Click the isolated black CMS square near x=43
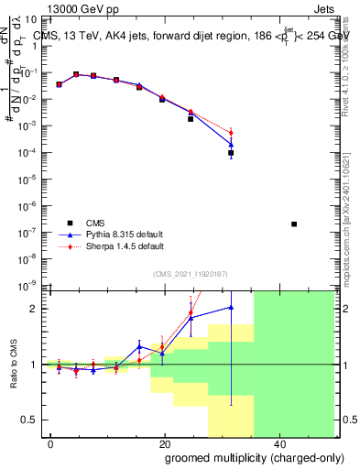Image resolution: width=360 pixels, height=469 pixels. (x=294, y=224)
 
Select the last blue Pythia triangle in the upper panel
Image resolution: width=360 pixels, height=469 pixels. (x=231, y=144)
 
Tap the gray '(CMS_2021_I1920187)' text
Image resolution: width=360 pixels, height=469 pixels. (x=191, y=273)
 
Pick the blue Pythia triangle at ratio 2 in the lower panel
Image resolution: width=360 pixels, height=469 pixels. (x=231, y=308)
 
